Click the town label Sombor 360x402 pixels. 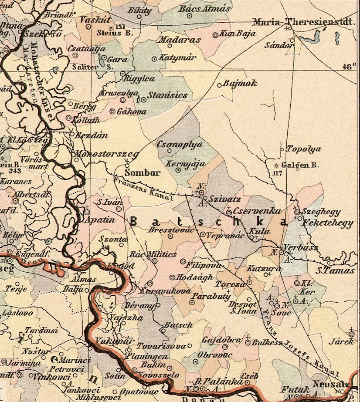(x=142, y=172)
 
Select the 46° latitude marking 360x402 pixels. (x=349, y=67)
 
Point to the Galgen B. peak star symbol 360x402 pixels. (x=276, y=166)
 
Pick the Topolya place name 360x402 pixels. (x=303, y=149)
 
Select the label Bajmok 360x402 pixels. (x=240, y=83)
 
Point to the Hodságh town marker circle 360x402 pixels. (x=172, y=277)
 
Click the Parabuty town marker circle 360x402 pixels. (x=192, y=302)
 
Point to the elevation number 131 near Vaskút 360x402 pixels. (x=120, y=27)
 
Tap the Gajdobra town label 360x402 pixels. (x=221, y=340)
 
